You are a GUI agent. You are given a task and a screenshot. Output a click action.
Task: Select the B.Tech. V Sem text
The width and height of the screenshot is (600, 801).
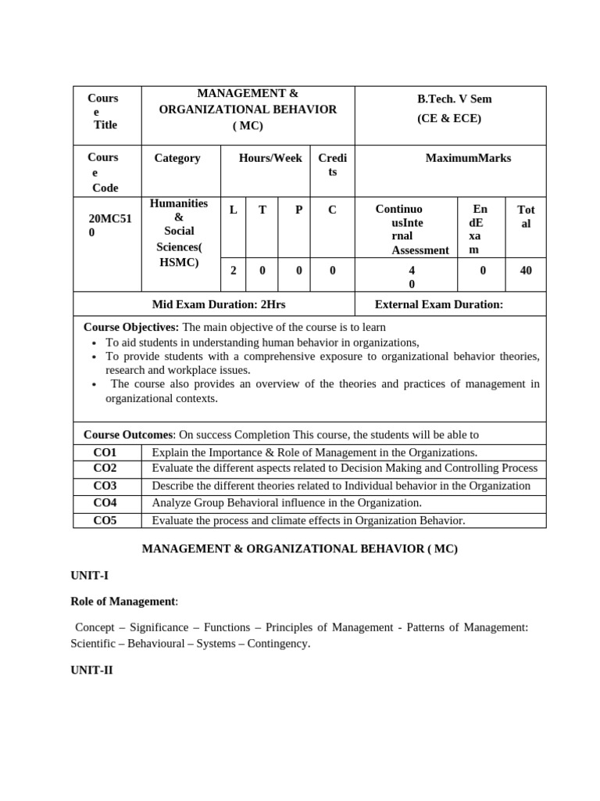pos(454,99)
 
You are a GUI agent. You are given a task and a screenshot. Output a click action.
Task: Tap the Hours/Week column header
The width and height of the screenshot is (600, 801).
pos(270,158)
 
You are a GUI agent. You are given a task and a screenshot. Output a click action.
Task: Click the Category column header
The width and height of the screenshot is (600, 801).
pos(177,158)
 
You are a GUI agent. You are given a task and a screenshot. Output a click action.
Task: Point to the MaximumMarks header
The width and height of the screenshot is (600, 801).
pos(468,158)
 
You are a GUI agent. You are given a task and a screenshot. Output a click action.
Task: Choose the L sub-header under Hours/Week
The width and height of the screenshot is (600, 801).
pos(233,210)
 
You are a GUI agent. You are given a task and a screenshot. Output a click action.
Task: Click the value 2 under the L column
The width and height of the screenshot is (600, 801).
pos(233,271)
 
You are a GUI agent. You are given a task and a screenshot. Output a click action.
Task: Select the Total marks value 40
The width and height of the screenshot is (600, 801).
pos(526,271)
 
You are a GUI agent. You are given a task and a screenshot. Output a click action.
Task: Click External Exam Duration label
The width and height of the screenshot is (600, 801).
pos(439,304)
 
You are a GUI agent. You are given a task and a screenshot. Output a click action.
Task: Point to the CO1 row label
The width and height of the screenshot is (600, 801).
pos(105,452)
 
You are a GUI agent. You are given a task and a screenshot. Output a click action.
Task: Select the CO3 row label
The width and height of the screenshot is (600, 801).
pos(105,486)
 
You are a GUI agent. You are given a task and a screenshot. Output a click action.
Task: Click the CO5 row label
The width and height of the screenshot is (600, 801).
pos(105,520)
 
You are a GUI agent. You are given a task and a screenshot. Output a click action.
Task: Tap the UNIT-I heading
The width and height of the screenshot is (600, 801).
pos(90,576)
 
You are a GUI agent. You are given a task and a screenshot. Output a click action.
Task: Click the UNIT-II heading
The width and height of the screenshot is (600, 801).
pos(91,670)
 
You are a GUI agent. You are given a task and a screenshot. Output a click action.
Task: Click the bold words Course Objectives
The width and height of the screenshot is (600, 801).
pos(130,327)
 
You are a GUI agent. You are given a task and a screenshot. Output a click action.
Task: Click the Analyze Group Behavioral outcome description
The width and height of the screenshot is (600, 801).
pos(287,503)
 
